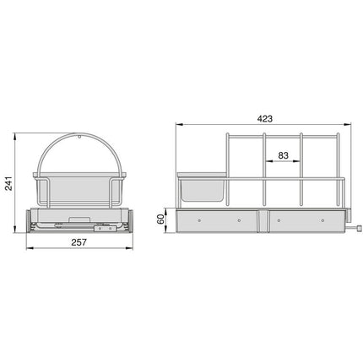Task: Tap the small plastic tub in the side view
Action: (x=203, y=187)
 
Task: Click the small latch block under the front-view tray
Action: (x=105, y=226)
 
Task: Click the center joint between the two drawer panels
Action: (x=265, y=221)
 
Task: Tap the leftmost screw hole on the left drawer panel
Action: (x=199, y=221)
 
